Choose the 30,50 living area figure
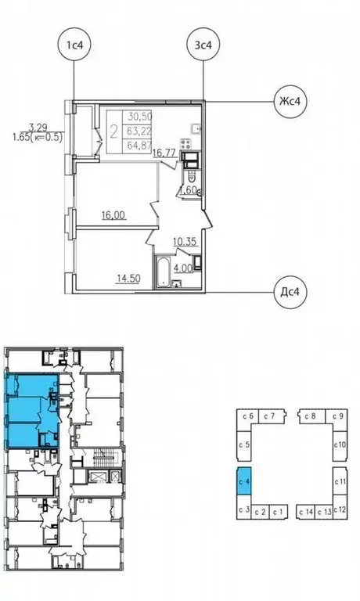point(140,115)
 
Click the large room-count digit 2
point(115,130)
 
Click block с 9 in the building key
point(339,416)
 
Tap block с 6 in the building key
point(249,416)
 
